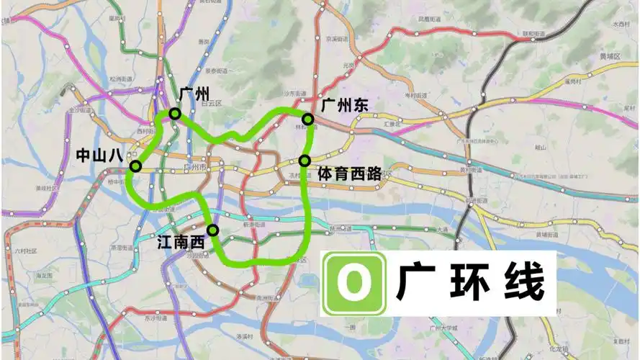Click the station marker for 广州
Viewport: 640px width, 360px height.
point(174,114)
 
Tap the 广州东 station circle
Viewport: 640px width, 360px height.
point(307,119)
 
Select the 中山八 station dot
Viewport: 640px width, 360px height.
point(135,166)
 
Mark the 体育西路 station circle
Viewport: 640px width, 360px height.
point(305,160)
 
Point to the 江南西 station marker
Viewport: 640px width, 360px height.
point(212,230)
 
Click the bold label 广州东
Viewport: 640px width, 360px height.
point(344,105)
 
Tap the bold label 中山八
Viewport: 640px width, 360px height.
point(101,154)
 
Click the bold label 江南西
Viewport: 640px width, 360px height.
point(181,243)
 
